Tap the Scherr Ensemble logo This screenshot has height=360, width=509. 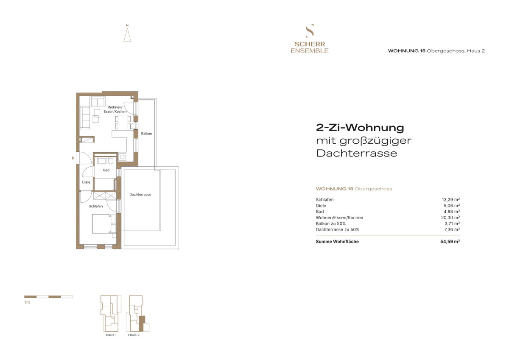click(309, 39)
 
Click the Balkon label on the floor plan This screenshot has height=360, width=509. click(146, 134)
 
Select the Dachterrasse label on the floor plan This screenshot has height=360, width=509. click(140, 195)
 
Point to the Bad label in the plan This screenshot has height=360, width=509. click(106, 170)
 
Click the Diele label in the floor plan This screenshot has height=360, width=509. click(86, 182)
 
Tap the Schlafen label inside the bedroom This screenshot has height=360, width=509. click(95, 207)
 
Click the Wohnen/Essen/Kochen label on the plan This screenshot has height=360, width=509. click(117, 109)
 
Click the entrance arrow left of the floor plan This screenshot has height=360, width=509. click(73, 158)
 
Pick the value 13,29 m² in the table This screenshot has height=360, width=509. click(451, 199)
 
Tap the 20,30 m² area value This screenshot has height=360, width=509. click(451, 218)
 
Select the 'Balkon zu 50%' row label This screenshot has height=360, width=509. click(331, 223)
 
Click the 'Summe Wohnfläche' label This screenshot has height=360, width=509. click(337, 242)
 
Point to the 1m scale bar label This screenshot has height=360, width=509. click(27, 303)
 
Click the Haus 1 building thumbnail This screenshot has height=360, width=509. click(111, 313)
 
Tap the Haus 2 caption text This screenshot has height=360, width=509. click(134, 335)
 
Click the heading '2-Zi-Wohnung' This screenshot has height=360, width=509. click(360, 128)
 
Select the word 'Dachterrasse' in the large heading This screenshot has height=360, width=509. click(357, 153)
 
